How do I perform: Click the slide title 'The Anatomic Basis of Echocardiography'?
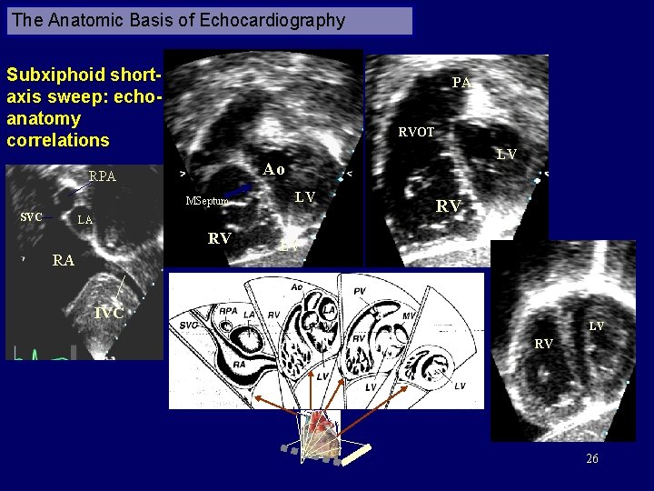[x=179, y=20]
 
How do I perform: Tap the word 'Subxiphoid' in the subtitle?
[x=56, y=74]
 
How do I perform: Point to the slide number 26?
[x=592, y=459]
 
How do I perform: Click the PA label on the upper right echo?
[x=461, y=83]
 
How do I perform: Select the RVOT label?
[x=416, y=132]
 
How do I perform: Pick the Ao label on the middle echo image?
[x=273, y=169]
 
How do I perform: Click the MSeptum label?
[x=205, y=201]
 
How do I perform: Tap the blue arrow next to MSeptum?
[x=237, y=191]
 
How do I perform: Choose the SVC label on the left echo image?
[x=32, y=217]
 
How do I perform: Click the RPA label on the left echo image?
[x=103, y=176]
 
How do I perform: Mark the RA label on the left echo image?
[x=63, y=261]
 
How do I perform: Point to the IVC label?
[x=110, y=314]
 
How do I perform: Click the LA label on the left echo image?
[x=84, y=220]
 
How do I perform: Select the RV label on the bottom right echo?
[x=543, y=345]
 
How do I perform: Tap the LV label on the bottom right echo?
[x=596, y=326]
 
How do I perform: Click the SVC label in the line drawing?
[x=189, y=325]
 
